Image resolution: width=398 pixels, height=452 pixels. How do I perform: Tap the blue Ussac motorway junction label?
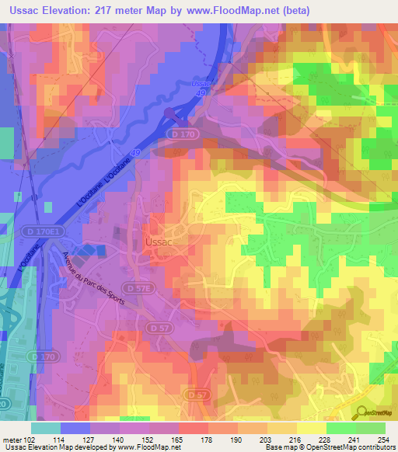[x=201, y=85]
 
